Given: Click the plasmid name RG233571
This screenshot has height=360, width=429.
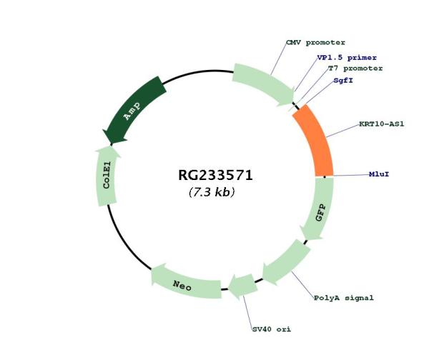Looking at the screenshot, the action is point(215,175).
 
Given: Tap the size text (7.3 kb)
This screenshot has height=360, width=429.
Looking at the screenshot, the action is point(212,192).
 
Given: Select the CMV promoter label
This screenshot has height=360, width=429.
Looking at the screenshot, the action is point(315,43).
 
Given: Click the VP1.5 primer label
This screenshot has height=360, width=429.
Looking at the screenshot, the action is point(347,58).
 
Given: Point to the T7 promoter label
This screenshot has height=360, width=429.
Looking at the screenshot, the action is point(355,69).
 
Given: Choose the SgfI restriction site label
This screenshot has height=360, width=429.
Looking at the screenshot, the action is point(343,81).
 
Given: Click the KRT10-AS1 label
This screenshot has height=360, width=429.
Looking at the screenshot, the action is point(382,124).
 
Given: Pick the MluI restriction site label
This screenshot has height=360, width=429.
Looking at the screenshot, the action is point(379,174).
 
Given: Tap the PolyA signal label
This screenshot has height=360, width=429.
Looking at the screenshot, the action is point(344,298).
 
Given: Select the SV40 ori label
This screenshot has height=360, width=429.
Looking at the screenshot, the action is point(272,329).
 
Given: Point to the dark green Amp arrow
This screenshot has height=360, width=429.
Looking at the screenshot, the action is point(134,109).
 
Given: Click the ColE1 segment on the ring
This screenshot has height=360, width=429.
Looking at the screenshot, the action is point(107,176).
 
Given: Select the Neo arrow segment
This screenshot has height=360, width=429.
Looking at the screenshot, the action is point(185,283).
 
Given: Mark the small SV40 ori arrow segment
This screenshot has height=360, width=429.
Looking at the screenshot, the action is point(243,286).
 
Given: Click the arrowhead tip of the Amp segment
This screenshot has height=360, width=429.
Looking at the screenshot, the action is point(111,144).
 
